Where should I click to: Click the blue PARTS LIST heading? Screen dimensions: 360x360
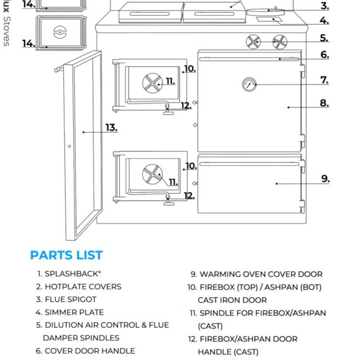pyautogui.click(x=66, y=255)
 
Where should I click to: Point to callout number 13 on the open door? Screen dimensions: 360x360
pyautogui.click(x=111, y=128)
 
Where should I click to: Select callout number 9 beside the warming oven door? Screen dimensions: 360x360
pyautogui.click(x=325, y=179)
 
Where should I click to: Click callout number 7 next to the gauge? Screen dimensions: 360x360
pyautogui.click(x=324, y=80)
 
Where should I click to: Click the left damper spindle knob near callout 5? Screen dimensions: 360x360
pyautogui.click(x=253, y=42)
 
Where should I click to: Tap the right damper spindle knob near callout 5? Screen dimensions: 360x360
pyautogui.click(x=279, y=42)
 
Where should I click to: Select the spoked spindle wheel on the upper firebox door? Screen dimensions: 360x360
pyautogui.click(x=152, y=81)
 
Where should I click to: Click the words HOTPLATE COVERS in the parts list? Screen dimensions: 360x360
pyautogui.click(x=83, y=287)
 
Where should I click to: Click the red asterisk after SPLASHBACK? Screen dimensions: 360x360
pyautogui.click(x=99, y=273)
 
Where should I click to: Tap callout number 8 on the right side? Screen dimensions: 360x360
pyautogui.click(x=325, y=103)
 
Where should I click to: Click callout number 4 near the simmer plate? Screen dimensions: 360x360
pyautogui.click(x=324, y=21)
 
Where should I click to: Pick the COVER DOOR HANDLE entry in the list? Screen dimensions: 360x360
pyautogui.click(x=89, y=351)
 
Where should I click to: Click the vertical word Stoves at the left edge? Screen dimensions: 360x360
pyautogui.click(x=6, y=32)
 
